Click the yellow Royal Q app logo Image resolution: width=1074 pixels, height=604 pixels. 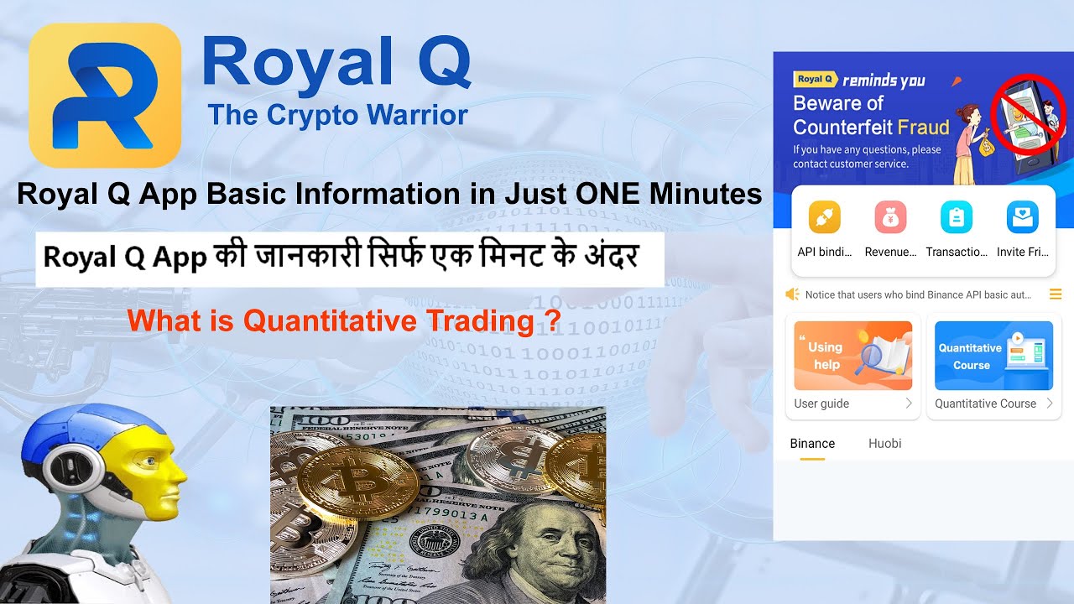(105, 95)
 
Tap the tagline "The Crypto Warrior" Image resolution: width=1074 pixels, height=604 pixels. (337, 114)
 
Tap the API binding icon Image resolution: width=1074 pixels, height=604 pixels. (824, 217)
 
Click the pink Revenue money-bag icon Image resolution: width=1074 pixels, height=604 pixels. (890, 217)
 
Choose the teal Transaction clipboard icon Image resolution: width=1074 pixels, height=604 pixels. (956, 217)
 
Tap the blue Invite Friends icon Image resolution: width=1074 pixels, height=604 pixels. (1022, 217)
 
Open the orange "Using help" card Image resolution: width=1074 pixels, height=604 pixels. (852, 356)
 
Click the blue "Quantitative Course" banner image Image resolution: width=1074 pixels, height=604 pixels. (993, 356)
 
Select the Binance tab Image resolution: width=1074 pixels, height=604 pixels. (812, 444)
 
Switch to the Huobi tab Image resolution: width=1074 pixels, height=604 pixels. (884, 444)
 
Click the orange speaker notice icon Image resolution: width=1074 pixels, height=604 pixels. (792, 294)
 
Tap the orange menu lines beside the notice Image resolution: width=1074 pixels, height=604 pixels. (1056, 294)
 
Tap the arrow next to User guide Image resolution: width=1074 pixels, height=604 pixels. (908, 404)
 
